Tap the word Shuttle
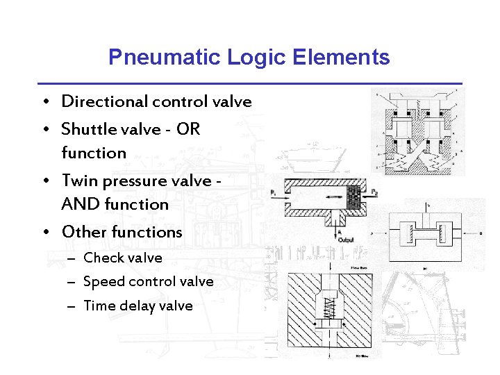(87, 129)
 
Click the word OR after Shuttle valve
(188, 129)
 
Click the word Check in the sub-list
(102, 258)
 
